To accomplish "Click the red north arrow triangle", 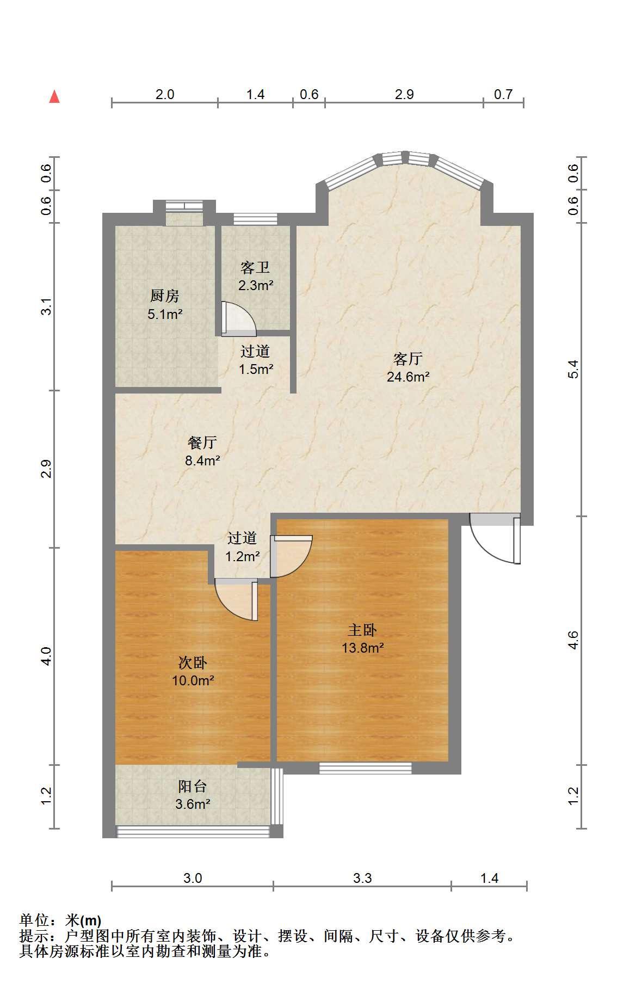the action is pos(54,96).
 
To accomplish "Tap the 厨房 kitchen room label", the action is pos(164,296).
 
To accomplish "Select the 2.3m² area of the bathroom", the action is pos(255,285).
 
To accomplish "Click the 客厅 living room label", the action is pos(408,359).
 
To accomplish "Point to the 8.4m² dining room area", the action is pos(202,460).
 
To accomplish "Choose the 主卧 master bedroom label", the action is pos(362,630).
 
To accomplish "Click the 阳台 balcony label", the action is pos(193,786).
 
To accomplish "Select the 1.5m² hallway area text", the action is pos(256,368).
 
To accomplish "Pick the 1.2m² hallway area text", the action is pos(243,556).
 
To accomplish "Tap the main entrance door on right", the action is pos(495,539).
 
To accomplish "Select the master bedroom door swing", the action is pos(291,556).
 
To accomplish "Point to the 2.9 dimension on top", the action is pos(404,94).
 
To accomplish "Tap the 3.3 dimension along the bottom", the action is pos(362,878).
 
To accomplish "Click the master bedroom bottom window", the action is pos(365,768).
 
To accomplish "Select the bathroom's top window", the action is pos(255,219).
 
